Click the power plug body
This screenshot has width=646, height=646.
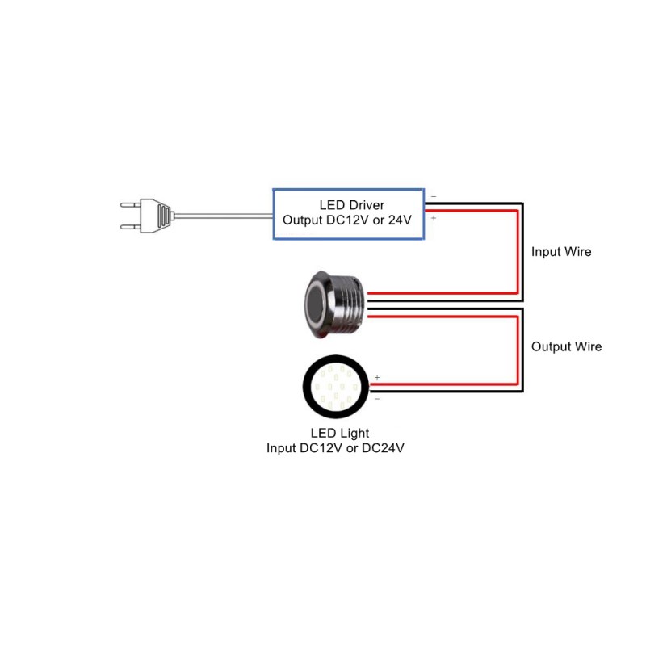point(157,216)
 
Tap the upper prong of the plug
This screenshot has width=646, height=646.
point(131,204)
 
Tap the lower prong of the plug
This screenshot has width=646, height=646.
point(131,227)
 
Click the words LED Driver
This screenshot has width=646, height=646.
point(352,205)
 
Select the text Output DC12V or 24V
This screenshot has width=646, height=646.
point(347,220)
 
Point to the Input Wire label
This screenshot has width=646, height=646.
point(561,252)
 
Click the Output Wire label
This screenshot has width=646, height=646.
point(567,346)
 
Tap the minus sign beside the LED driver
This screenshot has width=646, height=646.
point(434,197)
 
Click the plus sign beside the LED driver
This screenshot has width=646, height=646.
point(434,218)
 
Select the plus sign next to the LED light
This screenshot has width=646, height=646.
point(377,377)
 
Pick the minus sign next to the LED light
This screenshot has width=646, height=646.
point(377,399)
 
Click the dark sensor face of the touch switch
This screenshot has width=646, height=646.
point(316,305)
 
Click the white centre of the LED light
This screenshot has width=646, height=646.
point(336,387)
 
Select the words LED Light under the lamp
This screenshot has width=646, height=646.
point(340,433)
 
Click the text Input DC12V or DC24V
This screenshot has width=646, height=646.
point(335,448)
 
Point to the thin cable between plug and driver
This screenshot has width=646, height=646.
point(224,215)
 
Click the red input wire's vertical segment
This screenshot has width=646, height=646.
point(517,252)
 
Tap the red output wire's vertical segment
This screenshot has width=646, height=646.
point(517,350)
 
